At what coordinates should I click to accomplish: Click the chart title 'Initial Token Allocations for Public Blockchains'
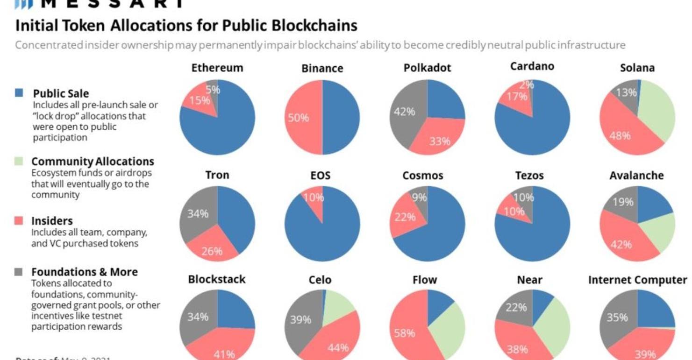click(186, 26)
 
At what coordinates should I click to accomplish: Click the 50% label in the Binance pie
click(298, 118)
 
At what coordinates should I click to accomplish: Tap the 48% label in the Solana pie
click(620, 136)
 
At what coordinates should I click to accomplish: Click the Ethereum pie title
click(217, 68)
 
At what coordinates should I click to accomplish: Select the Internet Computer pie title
click(637, 280)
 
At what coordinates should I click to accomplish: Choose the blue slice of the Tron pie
click(236, 215)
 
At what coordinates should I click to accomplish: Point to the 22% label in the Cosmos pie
click(405, 217)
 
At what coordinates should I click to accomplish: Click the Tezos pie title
click(529, 176)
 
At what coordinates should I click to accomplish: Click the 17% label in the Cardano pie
click(519, 96)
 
